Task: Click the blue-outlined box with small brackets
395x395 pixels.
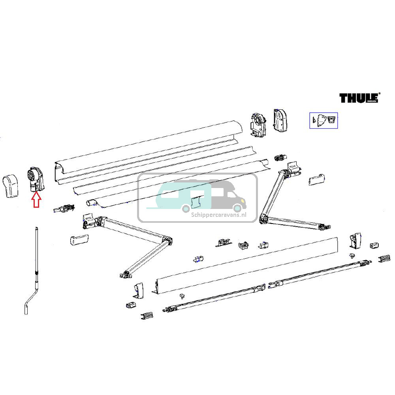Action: click(323, 120)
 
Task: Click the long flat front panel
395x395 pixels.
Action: click(245, 265)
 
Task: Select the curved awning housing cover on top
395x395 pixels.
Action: click(150, 150)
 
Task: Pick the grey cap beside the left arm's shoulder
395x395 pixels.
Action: click(78, 239)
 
